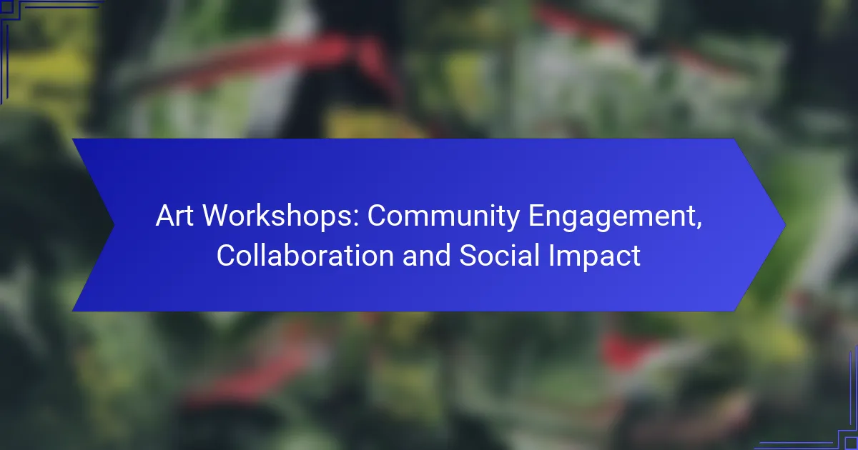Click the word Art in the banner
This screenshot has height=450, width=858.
(x=174, y=216)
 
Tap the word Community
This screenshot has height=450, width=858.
(x=443, y=217)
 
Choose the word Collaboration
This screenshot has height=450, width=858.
(x=305, y=256)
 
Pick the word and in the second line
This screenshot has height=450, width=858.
(x=426, y=256)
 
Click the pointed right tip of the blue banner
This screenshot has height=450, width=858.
(x=786, y=225)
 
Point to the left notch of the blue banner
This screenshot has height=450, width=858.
(x=114, y=225)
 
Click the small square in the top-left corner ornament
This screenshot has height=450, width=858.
(x=7, y=6)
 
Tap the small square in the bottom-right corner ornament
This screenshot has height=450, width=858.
(x=852, y=444)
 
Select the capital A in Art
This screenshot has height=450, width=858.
(x=166, y=216)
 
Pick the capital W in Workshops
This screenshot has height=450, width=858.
(x=217, y=216)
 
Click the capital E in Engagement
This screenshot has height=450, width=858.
(x=537, y=216)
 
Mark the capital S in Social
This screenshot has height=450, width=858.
(x=468, y=256)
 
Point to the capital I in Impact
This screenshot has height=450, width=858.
(x=551, y=256)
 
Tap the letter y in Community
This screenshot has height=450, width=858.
(x=512, y=221)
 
